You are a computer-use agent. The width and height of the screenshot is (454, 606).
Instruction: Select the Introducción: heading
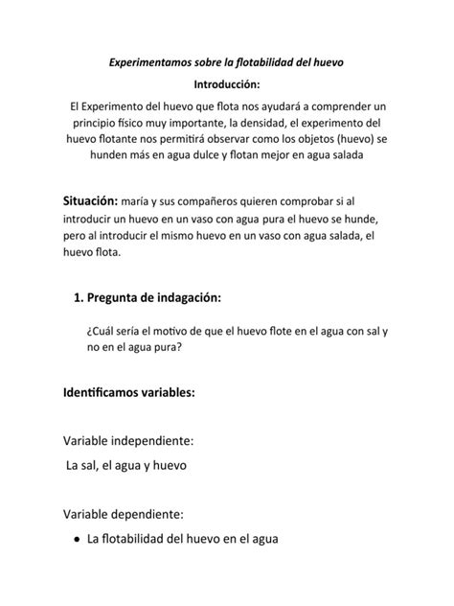(226, 84)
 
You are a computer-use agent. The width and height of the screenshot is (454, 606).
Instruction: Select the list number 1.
(78, 297)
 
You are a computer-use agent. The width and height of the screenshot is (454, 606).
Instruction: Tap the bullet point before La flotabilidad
(76, 540)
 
